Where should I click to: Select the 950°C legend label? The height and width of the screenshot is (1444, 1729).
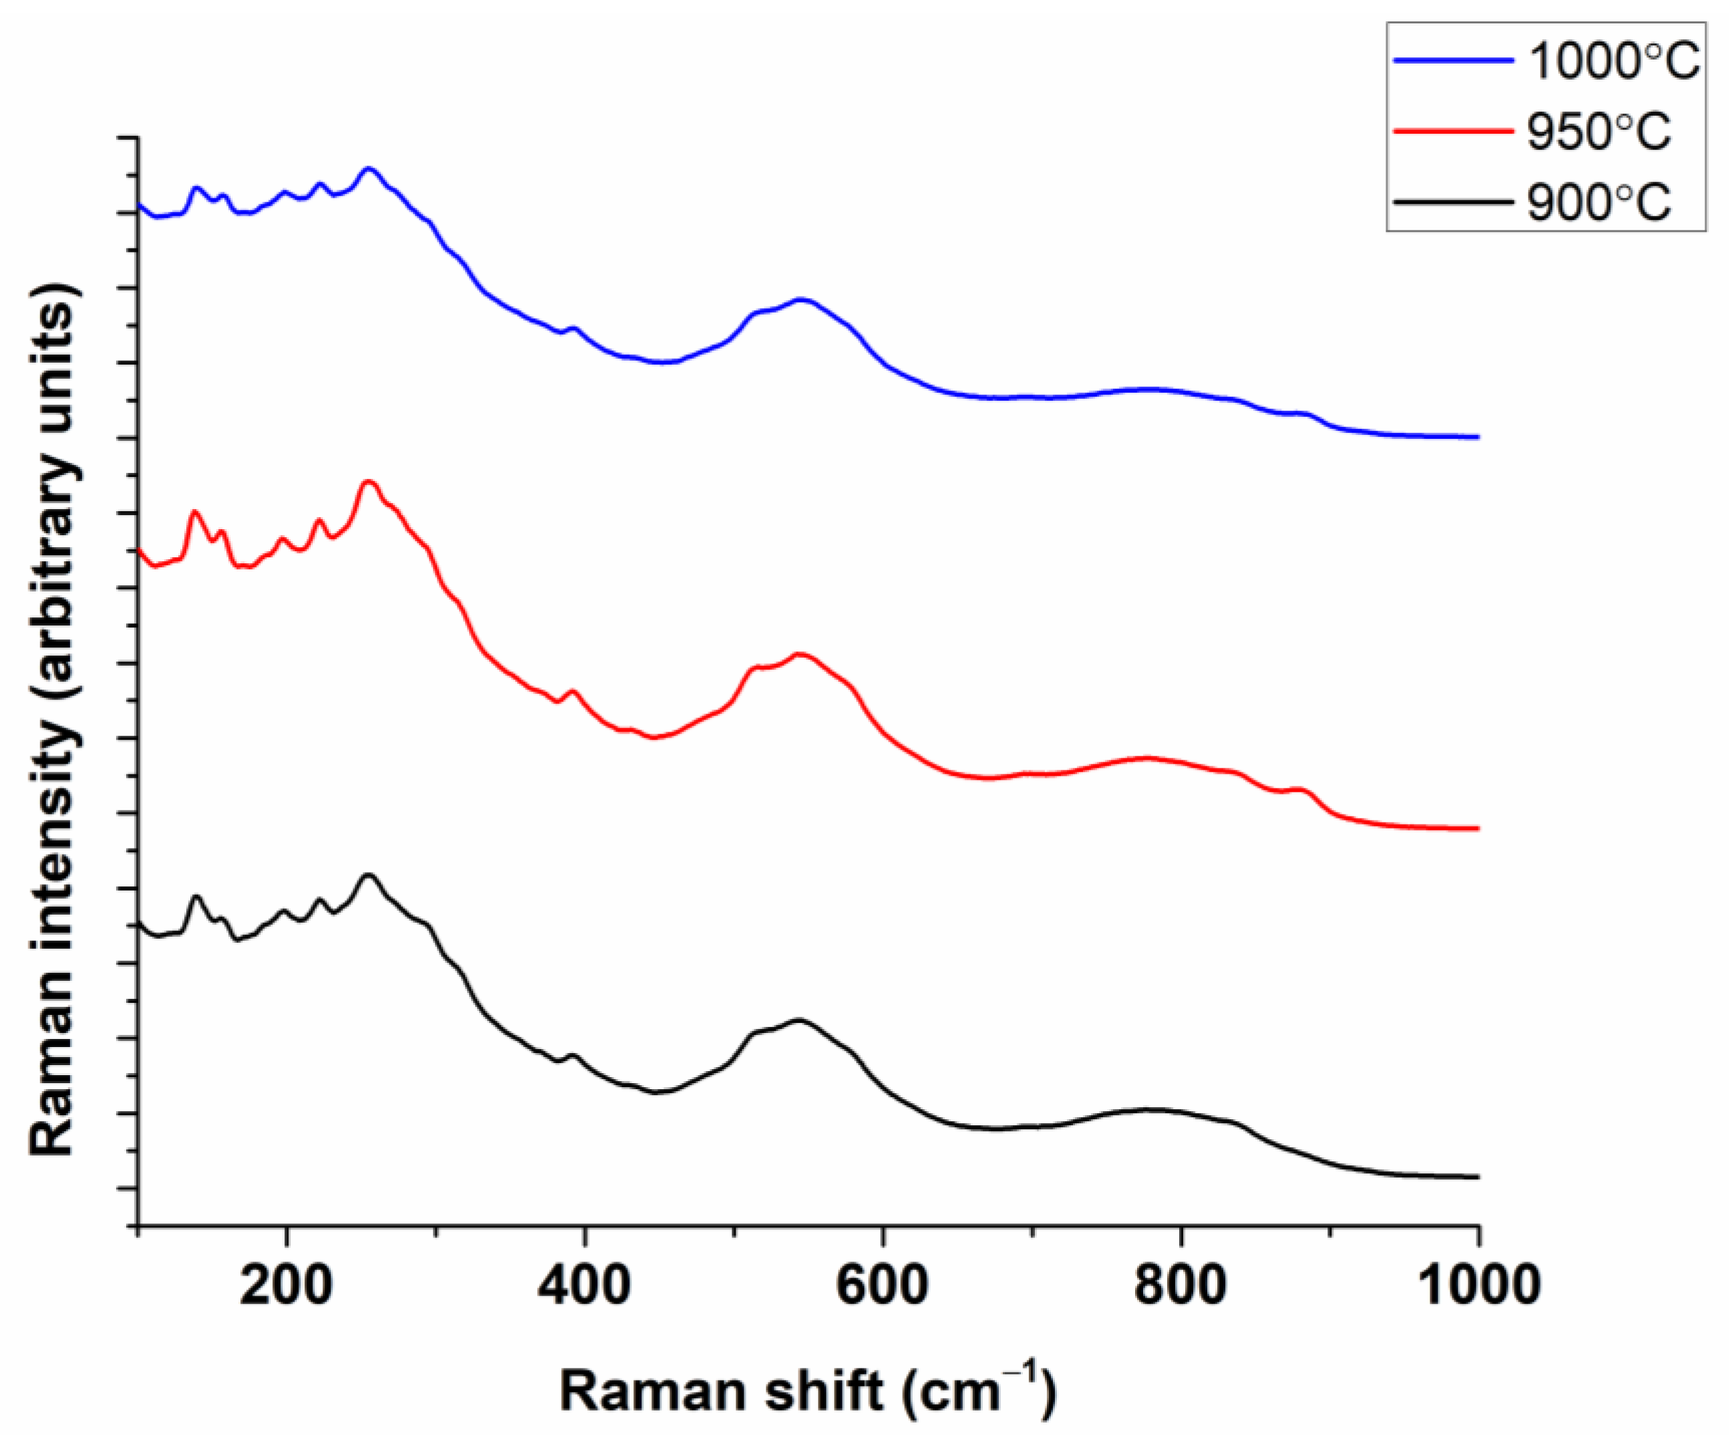[x=1598, y=132]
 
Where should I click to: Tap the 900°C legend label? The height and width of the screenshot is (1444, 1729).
[x=1598, y=202]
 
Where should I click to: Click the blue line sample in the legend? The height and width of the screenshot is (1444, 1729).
[x=1453, y=61]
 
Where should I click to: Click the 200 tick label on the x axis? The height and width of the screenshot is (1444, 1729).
[x=286, y=1284]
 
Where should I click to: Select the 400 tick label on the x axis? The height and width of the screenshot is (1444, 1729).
[x=584, y=1284]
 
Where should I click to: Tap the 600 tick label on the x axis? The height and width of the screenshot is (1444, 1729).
[x=882, y=1284]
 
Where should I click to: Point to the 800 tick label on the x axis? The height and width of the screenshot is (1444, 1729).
[x=1180, y=1284]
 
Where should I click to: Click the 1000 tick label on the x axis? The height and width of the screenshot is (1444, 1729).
[x=1480, y=1284]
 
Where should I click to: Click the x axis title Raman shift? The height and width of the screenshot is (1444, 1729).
[x=807, y=1391]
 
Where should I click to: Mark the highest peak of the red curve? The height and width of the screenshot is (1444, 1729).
[x=369, y=482]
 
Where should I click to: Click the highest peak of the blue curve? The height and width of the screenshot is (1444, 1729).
[x=369, y=170]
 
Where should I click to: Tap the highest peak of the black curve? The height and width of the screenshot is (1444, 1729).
[x=368, y=876]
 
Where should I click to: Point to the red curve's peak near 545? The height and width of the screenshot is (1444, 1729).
[x=798, y=654]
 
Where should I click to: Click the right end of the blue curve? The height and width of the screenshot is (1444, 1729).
[x=1478, y=437]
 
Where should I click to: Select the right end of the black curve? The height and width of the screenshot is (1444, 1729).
[x=1478, y=1177]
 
